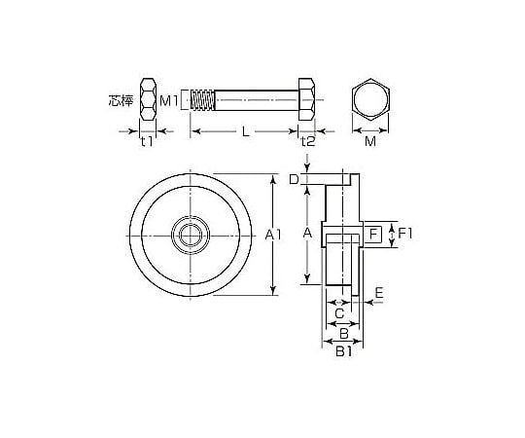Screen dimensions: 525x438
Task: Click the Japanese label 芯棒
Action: (x=121, y=100)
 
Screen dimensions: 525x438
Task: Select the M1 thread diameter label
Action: (x=169, y=100)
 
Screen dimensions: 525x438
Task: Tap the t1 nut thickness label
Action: (x=147, y=141)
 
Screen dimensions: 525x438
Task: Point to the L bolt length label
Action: (x=246, y=131)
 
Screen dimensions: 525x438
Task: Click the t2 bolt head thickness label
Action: (x=308, y=141)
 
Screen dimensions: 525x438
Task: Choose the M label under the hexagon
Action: (x=370, y=142)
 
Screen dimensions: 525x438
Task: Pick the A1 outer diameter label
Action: (x=273, y=235)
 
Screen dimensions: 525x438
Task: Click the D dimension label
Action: (x=294, y=180)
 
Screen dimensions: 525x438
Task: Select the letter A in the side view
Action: (x=307, y=232)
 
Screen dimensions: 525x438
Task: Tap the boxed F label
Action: (x=373, y=234)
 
